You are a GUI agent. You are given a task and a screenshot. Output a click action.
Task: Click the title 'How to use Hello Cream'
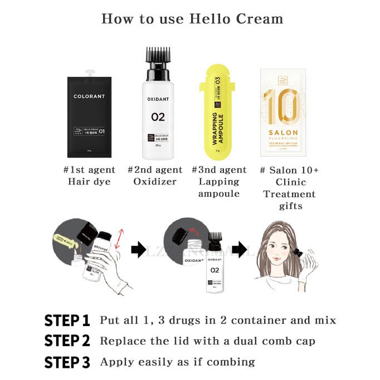click(x=192, y=18)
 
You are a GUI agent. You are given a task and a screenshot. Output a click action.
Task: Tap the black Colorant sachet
click(x=89, y=117)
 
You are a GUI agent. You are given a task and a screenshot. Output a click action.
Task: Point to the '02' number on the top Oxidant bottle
click(x=158, y=117)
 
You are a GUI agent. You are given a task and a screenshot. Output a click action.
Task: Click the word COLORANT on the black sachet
click(x=89, y=96)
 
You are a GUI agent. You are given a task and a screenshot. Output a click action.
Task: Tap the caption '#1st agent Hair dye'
click(x=90, y=176)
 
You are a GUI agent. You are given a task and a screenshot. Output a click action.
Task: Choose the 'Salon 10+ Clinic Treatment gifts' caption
click(x=289, y=188)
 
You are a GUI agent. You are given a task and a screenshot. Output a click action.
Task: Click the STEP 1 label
click(x=67, y=320)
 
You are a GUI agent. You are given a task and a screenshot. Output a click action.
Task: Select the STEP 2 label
click(x=67, y=341)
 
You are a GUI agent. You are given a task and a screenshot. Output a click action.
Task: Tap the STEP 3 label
click(x=67, y=362)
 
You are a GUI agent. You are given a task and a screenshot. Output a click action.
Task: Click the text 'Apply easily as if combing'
click(x=177, y=362)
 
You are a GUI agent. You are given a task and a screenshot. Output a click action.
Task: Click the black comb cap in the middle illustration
click(x=215, y=238)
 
